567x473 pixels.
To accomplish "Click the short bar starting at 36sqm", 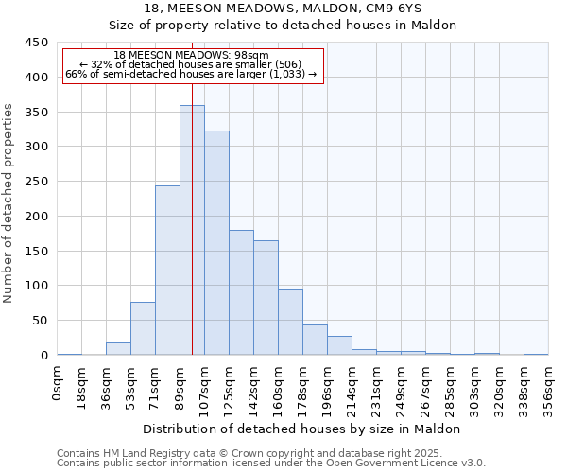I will pos(118,349).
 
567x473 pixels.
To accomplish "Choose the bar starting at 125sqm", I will pos(241,292).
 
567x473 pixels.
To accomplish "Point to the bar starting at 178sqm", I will pos(315,340).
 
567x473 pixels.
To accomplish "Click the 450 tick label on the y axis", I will pos(37,43).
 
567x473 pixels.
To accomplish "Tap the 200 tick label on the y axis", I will pos(37,217).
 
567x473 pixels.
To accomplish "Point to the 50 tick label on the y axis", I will pos(41,321).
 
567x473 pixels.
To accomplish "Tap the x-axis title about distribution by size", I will pos(302,429).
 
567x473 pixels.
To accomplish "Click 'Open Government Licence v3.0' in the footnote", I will pos(408,464).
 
